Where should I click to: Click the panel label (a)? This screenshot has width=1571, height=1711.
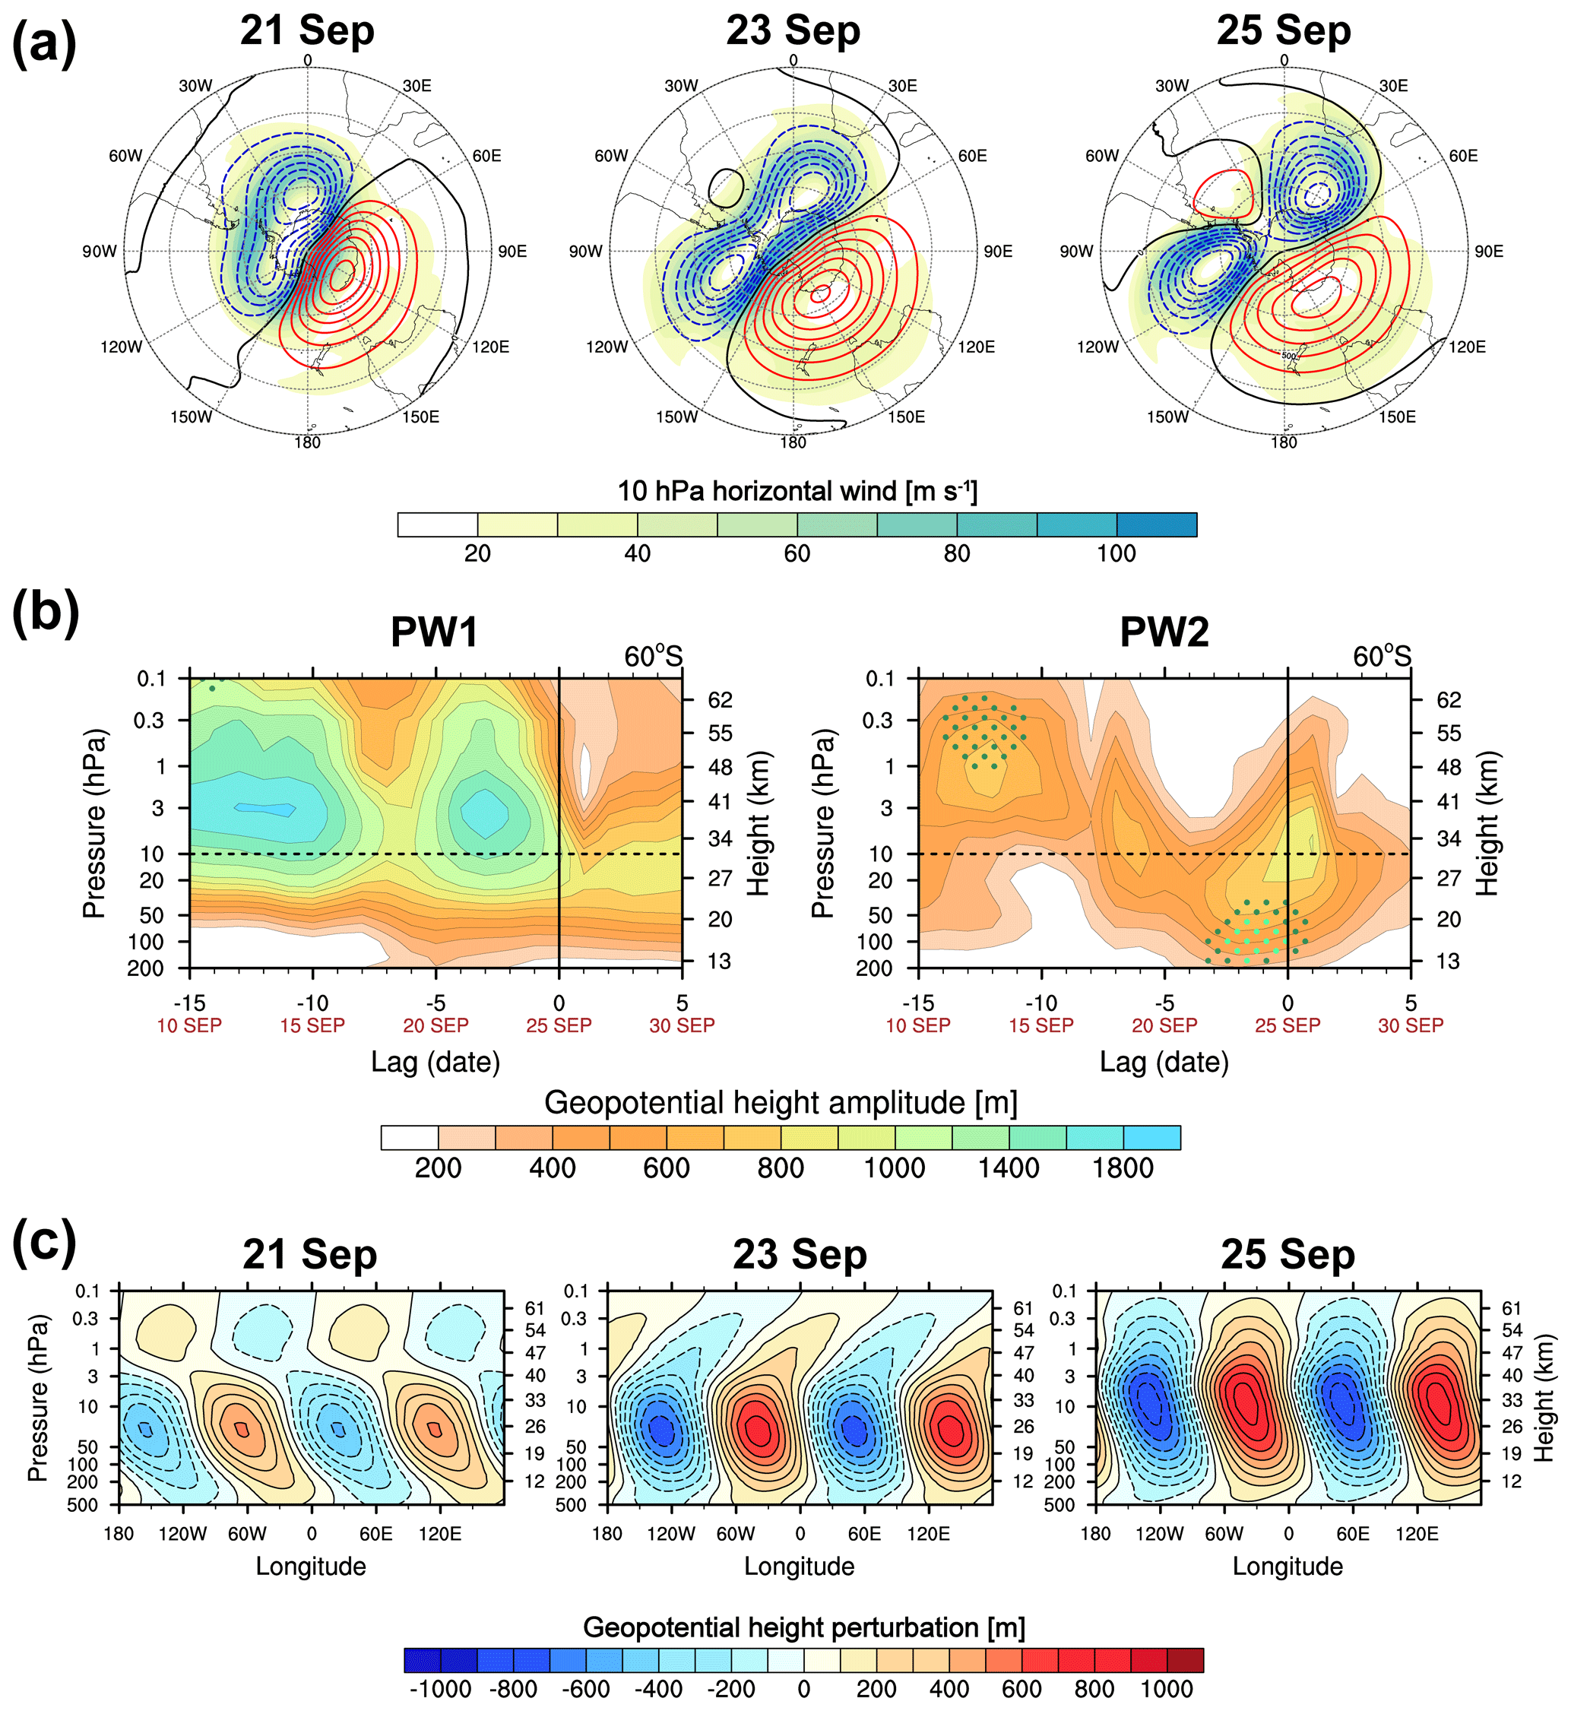tap(44, 44)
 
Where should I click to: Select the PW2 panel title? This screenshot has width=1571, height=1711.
tap(1164, 632)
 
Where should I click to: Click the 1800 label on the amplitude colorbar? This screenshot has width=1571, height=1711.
tap(1122, 1168)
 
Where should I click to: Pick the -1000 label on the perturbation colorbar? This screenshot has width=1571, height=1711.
tap(440, 1689)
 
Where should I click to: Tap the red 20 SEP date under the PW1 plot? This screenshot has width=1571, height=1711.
tap(436, 1026)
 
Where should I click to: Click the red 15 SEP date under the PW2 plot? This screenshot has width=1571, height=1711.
tap(1040, 1026)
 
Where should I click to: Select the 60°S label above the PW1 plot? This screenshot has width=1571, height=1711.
tap(653, 657)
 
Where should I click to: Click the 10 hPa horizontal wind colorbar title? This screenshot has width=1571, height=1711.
tap(797, 491)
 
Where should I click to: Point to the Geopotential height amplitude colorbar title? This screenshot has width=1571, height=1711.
tap(781, 1102)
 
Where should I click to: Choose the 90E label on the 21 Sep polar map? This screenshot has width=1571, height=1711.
tap(512, 252)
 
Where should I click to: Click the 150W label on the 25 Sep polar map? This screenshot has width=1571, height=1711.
tap(1167, 417)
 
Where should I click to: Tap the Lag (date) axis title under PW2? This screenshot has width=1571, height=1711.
tap(1164, 1063)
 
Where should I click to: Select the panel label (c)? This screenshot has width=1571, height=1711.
tap(44, 1243)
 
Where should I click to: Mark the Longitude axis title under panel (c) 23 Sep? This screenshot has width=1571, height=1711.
tap(799, 1567)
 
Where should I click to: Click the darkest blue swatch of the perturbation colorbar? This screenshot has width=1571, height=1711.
tap(423, 1660)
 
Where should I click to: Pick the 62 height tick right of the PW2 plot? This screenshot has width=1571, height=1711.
tap(1449, 700)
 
